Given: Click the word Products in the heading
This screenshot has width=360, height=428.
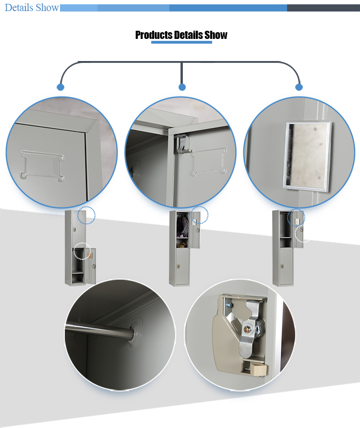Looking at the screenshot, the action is (154, 35).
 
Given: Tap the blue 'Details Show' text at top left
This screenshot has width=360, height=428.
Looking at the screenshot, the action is (32, 8).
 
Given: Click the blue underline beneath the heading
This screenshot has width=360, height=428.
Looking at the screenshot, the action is (181, 42).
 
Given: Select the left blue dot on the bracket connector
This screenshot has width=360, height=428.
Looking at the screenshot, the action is (60, 87).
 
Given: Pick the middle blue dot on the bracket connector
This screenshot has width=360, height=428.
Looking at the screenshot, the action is (182, 87).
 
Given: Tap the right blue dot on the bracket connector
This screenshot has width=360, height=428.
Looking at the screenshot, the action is (299, 87).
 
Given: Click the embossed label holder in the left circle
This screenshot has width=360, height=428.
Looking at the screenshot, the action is (42, 165).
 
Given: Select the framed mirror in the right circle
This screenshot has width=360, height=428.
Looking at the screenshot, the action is (307, 155).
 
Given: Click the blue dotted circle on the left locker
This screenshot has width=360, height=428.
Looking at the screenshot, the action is (86, 215).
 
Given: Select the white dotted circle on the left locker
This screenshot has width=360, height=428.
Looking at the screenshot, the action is (82, 251).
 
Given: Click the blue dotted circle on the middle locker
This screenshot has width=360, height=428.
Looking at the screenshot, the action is (199, 215).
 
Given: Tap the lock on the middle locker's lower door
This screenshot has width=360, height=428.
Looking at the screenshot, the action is (179, 266).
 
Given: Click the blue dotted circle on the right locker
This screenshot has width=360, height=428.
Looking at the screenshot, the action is (296, 217).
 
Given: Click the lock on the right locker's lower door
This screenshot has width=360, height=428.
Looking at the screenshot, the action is (283, 266).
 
